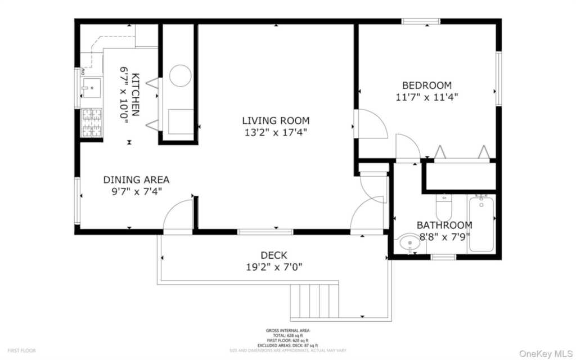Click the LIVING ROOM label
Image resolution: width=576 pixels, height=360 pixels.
coord(276,120)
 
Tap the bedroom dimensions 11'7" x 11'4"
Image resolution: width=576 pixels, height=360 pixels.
coord(426,97)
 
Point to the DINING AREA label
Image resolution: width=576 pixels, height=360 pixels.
coord(136,180)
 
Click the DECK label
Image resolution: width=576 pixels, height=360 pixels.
coord(274,255)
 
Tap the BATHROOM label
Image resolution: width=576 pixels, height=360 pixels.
coord(444,225)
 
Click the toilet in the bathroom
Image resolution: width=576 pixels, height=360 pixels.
coord(444,207)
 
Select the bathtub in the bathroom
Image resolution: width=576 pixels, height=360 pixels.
coord(481,223)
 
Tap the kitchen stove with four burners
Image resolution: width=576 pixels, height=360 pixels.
coord(92,123)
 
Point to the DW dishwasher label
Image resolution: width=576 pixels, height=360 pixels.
coord(83,71)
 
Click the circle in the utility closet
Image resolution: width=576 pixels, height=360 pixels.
coord(181,75)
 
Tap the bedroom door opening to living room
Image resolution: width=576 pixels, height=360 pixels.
coord(371,123)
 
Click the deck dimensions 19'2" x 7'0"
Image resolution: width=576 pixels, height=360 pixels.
coord(274,267)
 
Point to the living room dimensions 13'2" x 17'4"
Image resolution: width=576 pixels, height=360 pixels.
coord(276,133)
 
